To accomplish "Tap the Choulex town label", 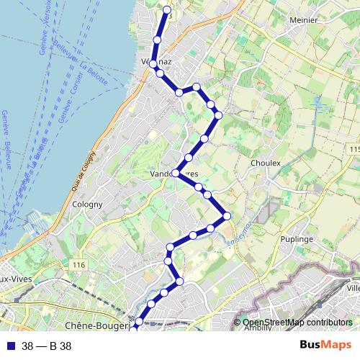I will [x=265, y=163].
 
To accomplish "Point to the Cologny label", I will [x=88, y=204].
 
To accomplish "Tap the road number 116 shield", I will [x=78, y=266].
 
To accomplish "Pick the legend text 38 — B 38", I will [x=47, y=346].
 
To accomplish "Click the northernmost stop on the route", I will [x=167, y=9].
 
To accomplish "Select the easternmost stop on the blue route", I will [x=227, y=215].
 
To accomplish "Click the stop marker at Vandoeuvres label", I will [x=175, y=173].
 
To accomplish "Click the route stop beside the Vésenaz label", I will [x=153, y=64].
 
